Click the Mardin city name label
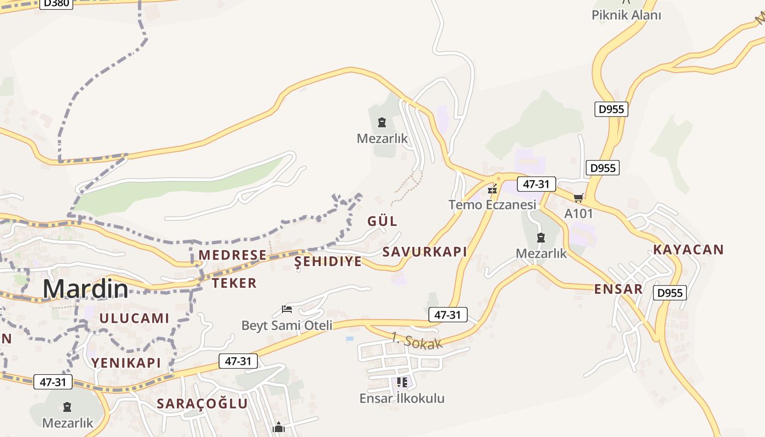click(86, 289)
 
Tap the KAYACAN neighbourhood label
click(688, 250)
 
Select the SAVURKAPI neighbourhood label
click(425, 252)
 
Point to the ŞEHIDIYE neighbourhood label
click(328, 262)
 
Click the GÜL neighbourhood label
click(382, 221)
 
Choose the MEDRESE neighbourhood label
click(233, 255)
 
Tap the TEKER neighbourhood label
click(234, 283)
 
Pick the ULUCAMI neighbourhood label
click(134, 318)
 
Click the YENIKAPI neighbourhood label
click(126, 363)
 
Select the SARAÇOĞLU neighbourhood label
click(203, 404)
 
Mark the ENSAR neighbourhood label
click(619, 289)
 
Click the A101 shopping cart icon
click(579, 198)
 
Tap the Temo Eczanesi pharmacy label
click(492, 205)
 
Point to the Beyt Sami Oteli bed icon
click(287, 309)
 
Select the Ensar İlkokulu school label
click(402, 399)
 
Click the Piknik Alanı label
click(626, 15)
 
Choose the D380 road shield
click(55, 3)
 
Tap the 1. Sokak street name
click(416, 341)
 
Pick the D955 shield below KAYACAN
click(669, 293)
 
